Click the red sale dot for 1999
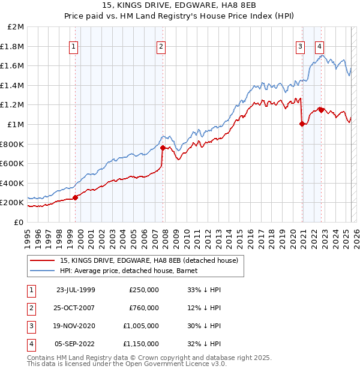(76, 197)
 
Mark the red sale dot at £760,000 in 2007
(163, 148)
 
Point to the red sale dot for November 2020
(302, 124)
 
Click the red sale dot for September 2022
(321, 110)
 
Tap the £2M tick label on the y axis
(16, 27)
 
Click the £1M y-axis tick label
(16, 124)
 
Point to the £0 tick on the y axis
(19, 222)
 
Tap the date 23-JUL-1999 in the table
(76, 290)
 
